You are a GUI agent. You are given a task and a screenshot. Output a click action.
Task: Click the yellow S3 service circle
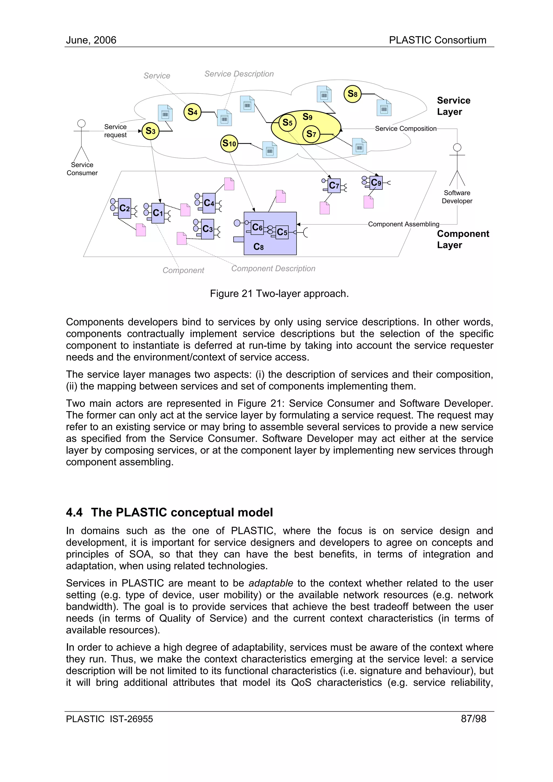(x=151, y=131)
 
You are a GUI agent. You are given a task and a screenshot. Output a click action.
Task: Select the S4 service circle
(x=193, y=112)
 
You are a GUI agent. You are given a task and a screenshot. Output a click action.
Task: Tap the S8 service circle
(x=352, y=94)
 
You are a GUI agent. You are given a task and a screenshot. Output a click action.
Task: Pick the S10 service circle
(x=229, y=143)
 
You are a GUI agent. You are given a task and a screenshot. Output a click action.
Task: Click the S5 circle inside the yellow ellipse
(x=288, y=123)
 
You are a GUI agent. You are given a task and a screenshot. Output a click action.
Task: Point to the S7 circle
(x=311, y=134)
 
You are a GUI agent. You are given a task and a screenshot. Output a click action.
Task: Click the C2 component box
(x=125, y=208)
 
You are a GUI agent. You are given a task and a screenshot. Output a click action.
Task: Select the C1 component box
(x=158, y=213)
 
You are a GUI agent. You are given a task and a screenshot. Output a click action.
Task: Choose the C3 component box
(x=207, y=229)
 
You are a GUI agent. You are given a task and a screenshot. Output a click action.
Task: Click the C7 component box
(x=334, y=186)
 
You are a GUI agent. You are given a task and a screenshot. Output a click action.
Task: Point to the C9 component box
(x=376, y=183)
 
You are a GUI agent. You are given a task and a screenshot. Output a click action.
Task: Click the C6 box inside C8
(x=257, y=227)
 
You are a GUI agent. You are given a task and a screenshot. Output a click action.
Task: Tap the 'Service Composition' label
(x=406, y=128)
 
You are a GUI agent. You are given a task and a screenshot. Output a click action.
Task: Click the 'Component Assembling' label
(x=403, y=224)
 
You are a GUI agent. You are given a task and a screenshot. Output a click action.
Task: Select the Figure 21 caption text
(x=279, y=294)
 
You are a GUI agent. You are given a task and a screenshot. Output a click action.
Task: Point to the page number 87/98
(x=473, y=719)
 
